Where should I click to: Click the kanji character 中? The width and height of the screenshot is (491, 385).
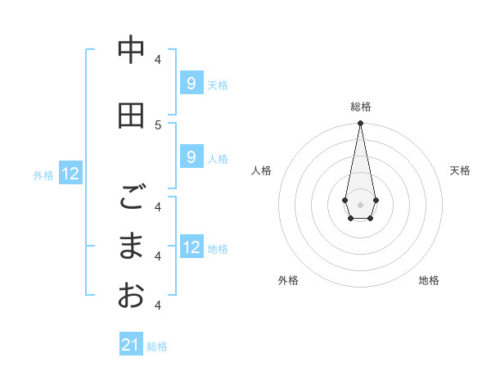(x=131, y=51)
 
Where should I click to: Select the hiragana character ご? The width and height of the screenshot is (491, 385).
(x=131, y=197)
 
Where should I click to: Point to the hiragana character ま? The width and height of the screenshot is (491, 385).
(x=131, y=246)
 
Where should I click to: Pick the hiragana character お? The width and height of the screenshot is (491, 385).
(x=131, y=295)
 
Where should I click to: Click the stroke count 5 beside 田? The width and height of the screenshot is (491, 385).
(x=159, y=125)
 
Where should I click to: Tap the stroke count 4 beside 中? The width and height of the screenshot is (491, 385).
(x=159, y=59)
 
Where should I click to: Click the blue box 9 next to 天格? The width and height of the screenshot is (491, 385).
(x=191, y=83)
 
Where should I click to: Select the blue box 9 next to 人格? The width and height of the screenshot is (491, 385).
(x=191, y=157)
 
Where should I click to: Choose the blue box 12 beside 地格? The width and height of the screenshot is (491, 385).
(x=191, y=247)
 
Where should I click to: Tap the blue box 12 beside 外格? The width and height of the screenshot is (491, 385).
(x=70, y=174)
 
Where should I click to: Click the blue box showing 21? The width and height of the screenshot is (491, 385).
(x=131, y=345)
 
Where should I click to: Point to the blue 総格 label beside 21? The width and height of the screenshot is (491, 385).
(x=157, y=346)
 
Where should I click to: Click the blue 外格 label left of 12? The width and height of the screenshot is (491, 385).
(x=43, y=174)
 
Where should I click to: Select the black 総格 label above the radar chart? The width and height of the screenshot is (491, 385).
(x=360, y=106)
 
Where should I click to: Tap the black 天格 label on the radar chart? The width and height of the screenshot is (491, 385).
(x=461, y=170)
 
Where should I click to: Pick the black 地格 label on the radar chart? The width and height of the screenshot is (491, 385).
(x=429, y=280)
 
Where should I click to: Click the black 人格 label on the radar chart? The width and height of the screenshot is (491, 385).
(x=261, y=170)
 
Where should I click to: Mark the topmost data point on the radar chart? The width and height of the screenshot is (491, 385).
(x=360, y=124)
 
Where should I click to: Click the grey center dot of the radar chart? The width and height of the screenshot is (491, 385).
(x=360, y=203)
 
